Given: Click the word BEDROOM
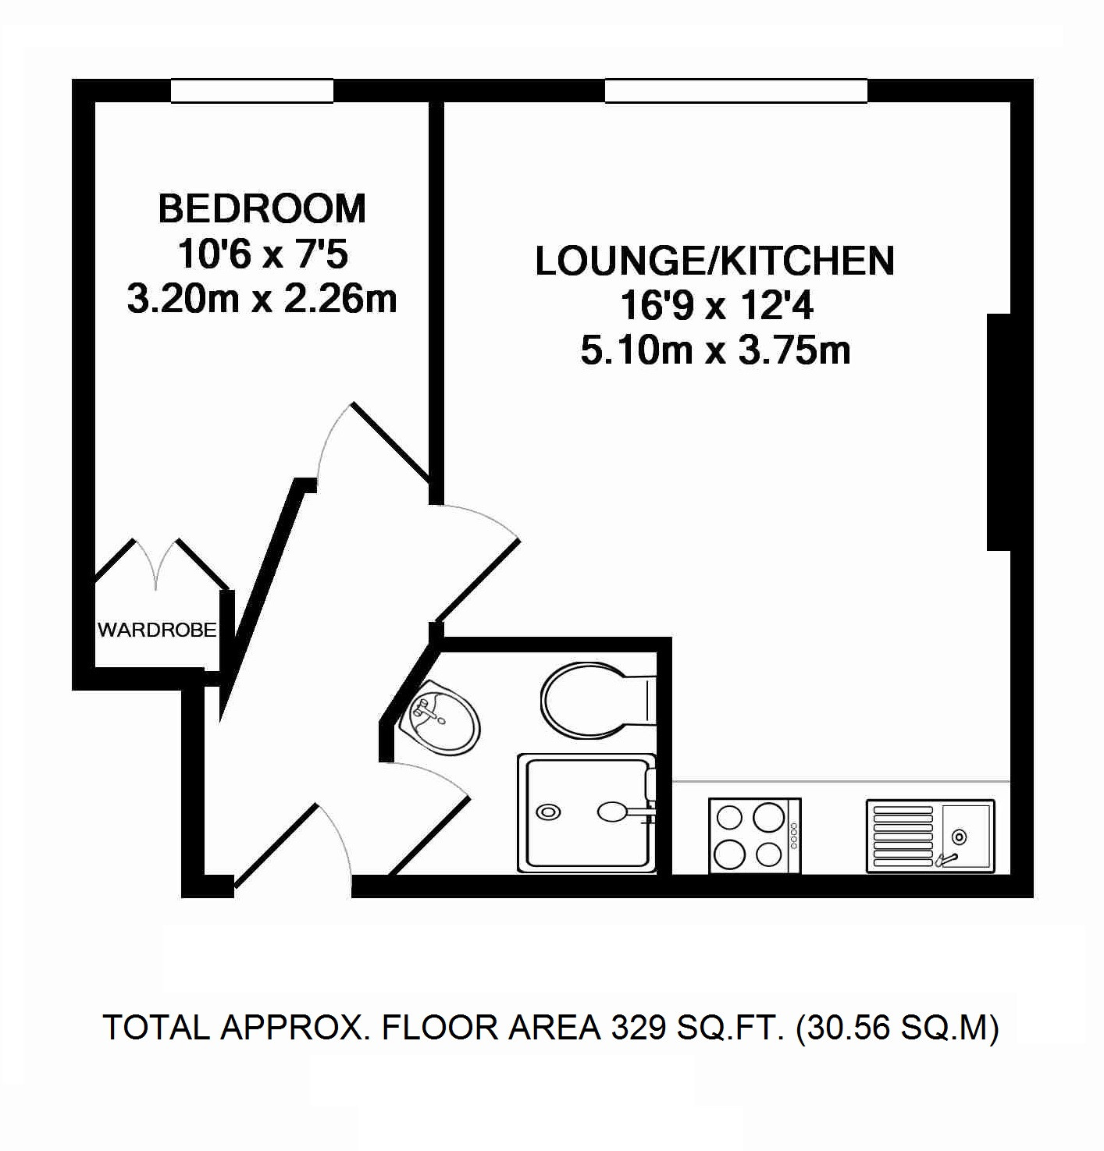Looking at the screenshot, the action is point(262,209).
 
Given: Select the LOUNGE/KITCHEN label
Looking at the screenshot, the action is point(714,261).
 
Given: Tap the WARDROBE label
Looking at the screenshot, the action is point(157,630).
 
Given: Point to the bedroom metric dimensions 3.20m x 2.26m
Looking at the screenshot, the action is point(262,300).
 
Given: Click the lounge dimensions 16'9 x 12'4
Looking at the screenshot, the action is point(717,307).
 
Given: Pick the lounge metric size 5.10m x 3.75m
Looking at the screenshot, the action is point(716,350).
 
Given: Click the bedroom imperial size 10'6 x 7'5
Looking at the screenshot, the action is point(263,255).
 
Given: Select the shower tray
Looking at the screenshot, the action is point(587,812).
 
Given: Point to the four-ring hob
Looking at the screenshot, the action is point(755,835).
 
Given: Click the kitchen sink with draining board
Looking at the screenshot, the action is point(931,836).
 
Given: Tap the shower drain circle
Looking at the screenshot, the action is point(548,812).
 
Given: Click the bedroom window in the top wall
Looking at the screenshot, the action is point(253,91).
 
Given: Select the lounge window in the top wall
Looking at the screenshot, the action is point(736,91).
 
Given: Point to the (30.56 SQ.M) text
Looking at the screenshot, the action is point(898,1028).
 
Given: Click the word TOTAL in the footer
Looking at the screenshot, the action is point(156,1028).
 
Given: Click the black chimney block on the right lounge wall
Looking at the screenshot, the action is point(999,432).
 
